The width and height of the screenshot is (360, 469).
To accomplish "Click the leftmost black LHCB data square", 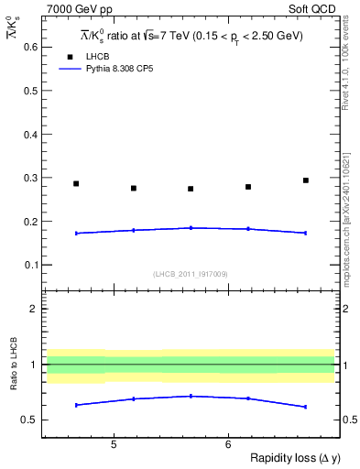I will click(76, 184).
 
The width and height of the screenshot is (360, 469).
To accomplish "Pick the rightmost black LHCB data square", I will click(306, 180).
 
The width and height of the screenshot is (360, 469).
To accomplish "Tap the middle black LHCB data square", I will click(191, 189).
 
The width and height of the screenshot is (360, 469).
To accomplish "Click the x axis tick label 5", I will click(114, 445).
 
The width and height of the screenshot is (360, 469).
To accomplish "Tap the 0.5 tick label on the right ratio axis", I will click(349, 420).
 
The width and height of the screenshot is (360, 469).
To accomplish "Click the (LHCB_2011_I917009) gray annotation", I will click(190, 274).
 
